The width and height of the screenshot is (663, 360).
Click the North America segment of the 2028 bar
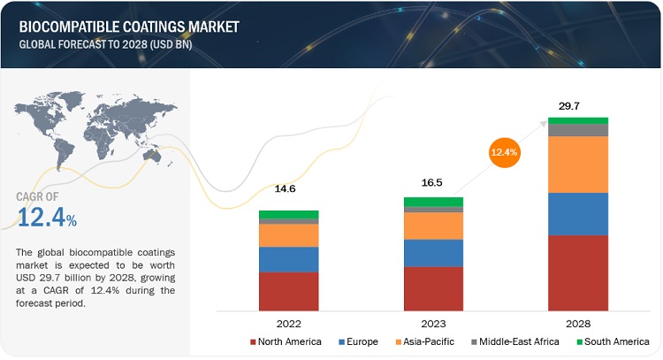point(578,272)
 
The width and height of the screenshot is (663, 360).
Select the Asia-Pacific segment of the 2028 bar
point(578,165)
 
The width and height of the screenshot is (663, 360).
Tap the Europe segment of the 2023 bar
point(433,253)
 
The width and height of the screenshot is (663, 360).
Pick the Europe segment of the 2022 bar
point(288,259)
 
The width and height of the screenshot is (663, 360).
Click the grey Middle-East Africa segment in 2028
point(578,130)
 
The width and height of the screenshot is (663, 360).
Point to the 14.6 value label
point(288,189)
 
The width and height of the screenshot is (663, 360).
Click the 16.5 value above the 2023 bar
point(433,180)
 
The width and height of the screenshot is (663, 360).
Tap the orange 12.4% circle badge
point(505,152)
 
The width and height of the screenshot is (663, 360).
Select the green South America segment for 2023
point(433,202)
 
